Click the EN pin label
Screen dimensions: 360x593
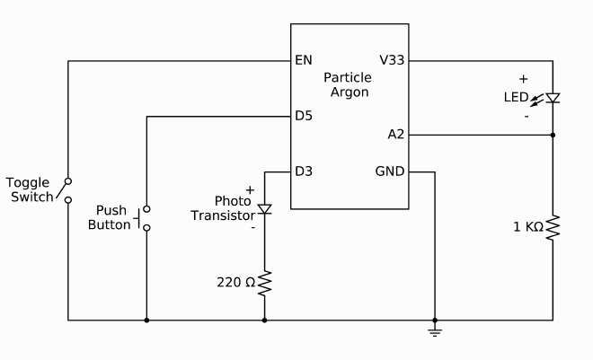(x=303, y=61)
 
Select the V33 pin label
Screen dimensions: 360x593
(x=392, y=61)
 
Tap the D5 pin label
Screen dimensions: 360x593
(x=304, y=116)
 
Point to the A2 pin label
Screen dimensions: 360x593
(x=396, y=135)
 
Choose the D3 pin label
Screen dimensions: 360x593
(x=304, y=171)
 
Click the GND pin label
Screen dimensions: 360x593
(x=390, y=171)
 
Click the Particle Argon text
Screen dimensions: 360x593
(x=346, y=85)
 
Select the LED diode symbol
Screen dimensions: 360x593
(x=553, y=98)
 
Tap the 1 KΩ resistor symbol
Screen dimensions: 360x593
(x=553, y=226)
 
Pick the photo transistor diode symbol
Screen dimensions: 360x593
(x=264, y=209)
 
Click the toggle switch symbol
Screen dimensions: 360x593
(x=66, y=189)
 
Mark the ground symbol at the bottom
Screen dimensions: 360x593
(x=435, y=333)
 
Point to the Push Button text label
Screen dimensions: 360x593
(x=110, y=217)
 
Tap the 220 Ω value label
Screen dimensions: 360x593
(x=235, y=282)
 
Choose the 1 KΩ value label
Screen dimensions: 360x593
(x=527, y=227)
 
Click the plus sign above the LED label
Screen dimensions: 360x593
(x=523, y=79)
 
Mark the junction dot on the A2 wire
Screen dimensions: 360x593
(x=553, y=135)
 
